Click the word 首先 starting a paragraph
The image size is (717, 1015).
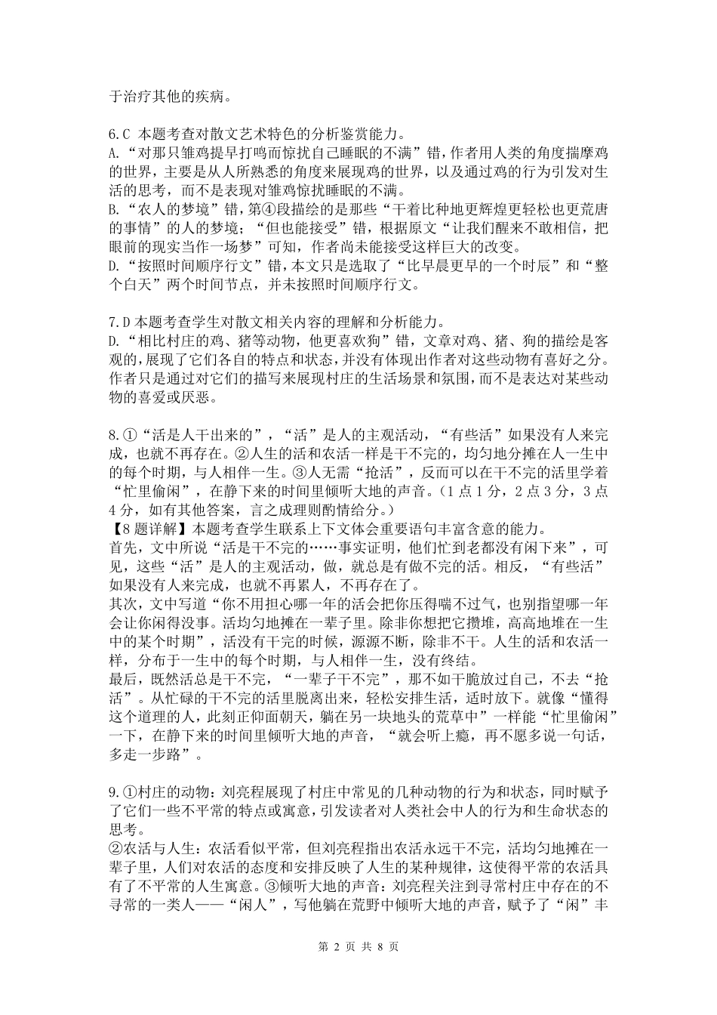123,547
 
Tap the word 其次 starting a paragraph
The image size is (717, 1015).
123,603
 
